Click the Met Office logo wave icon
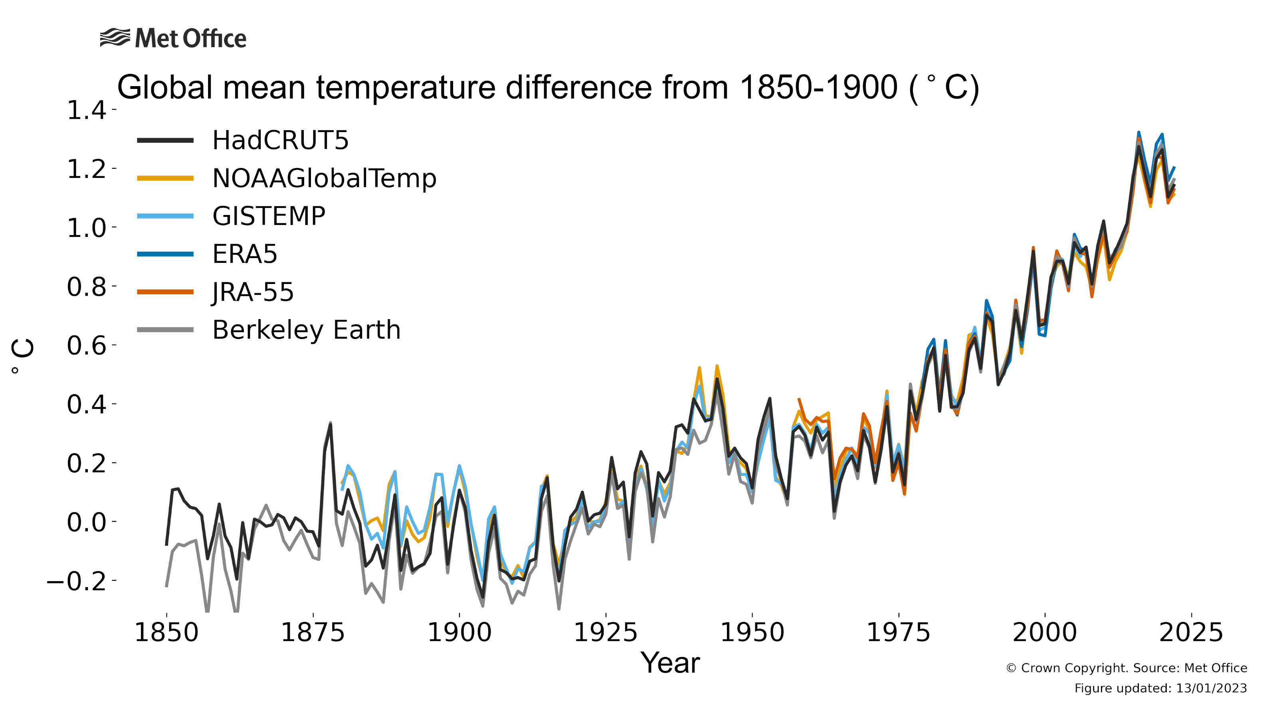coord(115,37)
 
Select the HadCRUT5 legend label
coord(280,140)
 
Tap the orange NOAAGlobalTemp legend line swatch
coord(165,178)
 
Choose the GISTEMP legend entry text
coord(268,216)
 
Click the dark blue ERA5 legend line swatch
coord(165,254)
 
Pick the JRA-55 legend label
coord(253,292)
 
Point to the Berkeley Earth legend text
coord(306,329)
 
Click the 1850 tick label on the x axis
coord(166,633)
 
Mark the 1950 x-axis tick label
coord(752,633)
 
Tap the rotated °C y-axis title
coord(23,356)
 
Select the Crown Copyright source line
coord(1126,668)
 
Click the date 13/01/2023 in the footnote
coord(1211,688)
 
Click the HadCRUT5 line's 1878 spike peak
coord(331,424)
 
